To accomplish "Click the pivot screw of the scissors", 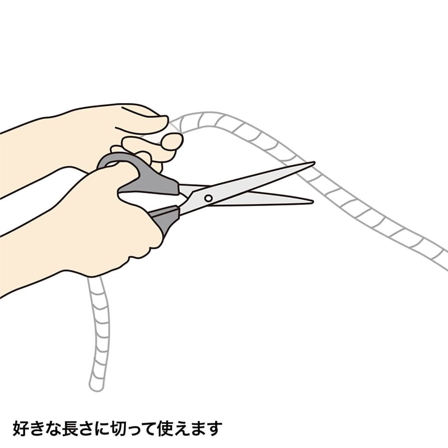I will click(208, 198).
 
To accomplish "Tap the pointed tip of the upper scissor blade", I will click(313, 163).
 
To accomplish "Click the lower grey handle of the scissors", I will click(164, 218).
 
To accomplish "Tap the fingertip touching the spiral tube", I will click(171, 141).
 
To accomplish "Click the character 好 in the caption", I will click(22, 429).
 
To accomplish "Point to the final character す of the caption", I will click(214, 429).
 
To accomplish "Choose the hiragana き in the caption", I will click(38, 429).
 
